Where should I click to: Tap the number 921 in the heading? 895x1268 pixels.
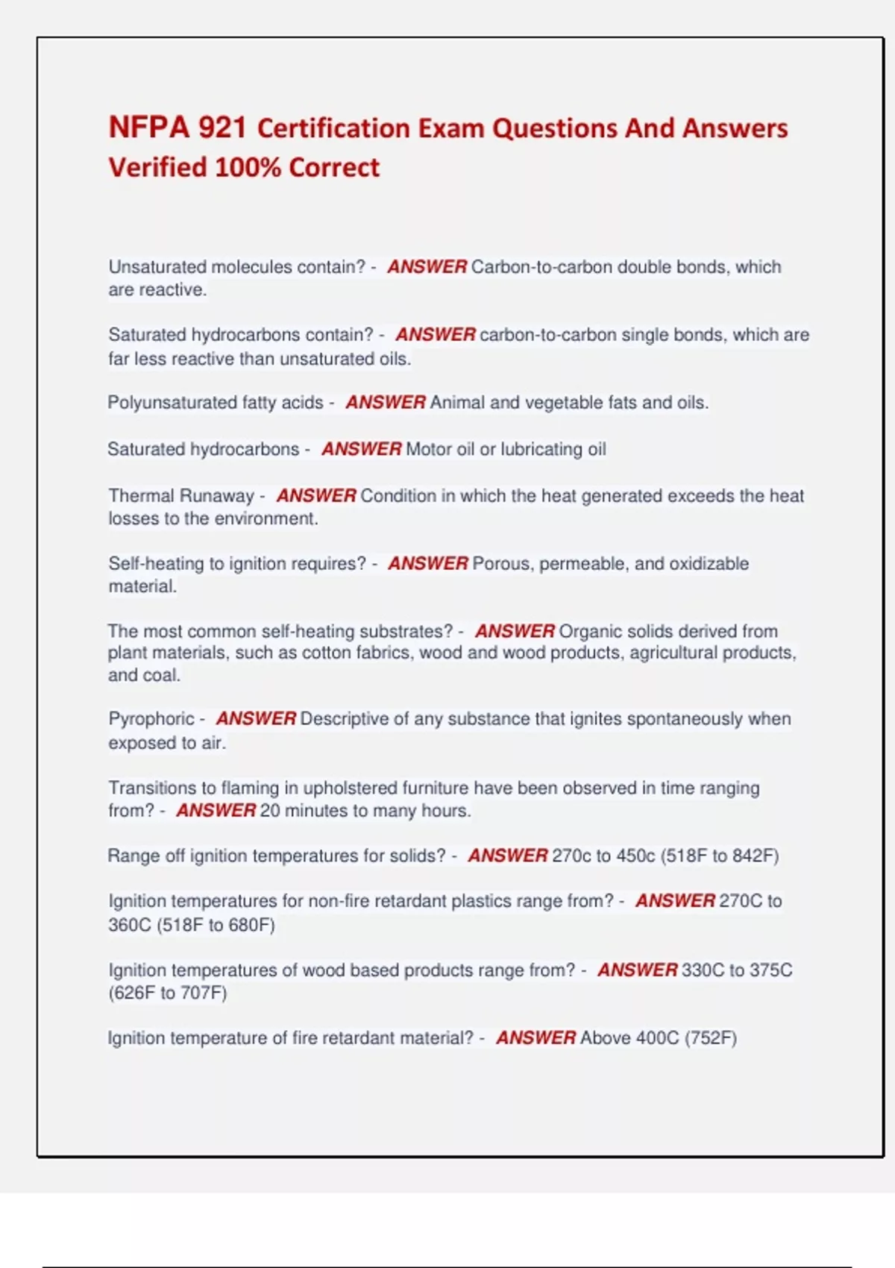pyautogui.click(x=222, y=128)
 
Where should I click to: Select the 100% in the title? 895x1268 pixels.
pyautogui.click(x=248, y=167)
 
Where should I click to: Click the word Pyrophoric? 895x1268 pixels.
pyautogui.click(x=151, y=719)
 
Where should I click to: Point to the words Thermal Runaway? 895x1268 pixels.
pyautogui.click(x=181, y=496)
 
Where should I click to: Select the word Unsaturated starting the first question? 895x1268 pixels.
pyautogui.click(x=157, y=267)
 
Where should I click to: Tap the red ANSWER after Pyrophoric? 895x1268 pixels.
pyautogui.click(x=256, y=719)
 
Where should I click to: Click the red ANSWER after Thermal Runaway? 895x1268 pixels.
pyautogui.click(x=316, y=496)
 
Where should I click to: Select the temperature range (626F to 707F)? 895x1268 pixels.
pyautogui.click(x=168, y=993)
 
